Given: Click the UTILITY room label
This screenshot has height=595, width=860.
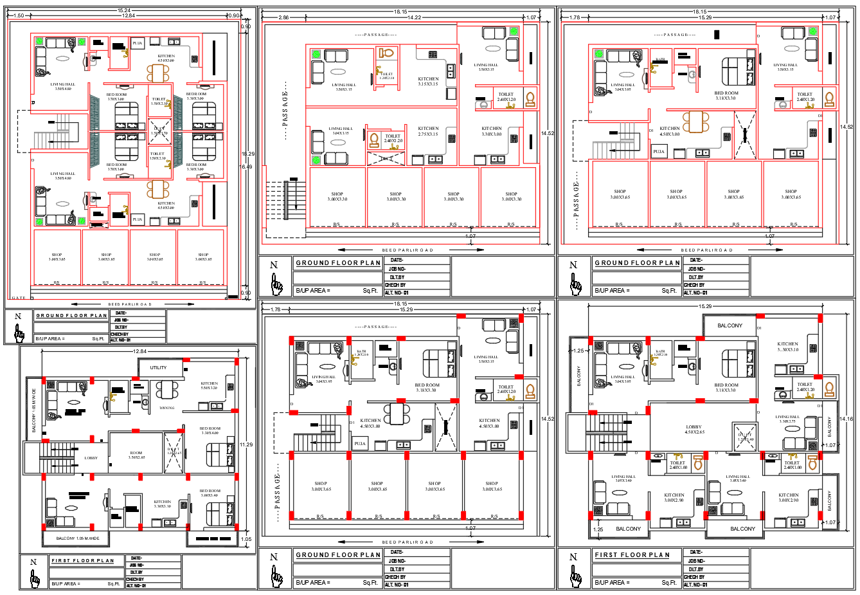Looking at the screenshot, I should click(x=158, y=368).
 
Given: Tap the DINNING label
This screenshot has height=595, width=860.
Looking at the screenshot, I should click(x=167, y=408).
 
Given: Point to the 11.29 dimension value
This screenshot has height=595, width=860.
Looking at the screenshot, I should click(x=246, y=444).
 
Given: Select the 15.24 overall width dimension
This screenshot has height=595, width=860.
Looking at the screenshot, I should click(x=124, y=10).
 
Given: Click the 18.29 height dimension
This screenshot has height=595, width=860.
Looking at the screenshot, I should click(x=247, y=154).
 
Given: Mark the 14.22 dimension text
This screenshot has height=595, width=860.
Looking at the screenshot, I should click(x=415, y=17).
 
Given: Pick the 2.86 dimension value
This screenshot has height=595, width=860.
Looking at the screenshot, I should click(x=283, y=17).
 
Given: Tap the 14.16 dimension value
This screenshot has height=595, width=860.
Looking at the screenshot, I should click(x=846, y=419).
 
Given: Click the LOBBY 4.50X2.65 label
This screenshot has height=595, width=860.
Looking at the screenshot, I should click(x=694, y=429).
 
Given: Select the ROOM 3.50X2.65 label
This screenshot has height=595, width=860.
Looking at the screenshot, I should click(x=136, y=455).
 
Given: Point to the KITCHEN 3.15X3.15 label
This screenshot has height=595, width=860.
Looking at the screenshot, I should click(x=428, y=82).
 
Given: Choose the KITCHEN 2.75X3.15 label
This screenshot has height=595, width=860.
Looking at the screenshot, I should click(x=428, y=131).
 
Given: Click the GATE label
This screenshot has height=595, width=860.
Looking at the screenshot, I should click(x=19, y=298).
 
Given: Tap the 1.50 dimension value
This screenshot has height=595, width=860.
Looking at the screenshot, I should click(x=18, y=15).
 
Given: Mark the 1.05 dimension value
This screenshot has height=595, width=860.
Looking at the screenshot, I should click(x=246, y=539).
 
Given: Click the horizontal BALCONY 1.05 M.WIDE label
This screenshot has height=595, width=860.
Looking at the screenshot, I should click(x=78, y=538).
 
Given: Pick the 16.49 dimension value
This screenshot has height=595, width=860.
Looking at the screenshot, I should click(x=246, y=167).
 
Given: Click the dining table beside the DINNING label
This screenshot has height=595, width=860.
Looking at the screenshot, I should click(x=167, y=390).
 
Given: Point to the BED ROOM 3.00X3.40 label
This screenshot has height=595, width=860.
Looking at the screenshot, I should click(x=210, y=493).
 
